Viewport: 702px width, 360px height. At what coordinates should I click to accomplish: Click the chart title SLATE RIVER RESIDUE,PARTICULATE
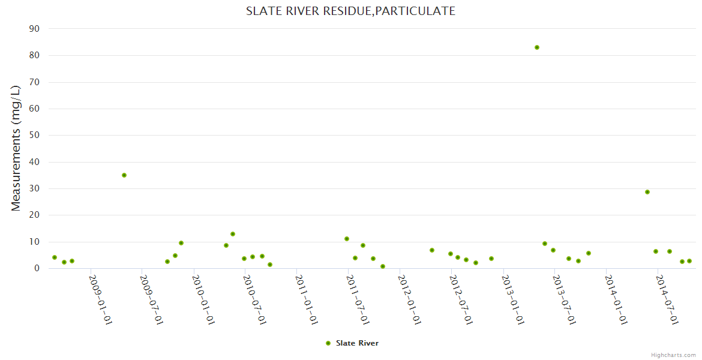(350, 11)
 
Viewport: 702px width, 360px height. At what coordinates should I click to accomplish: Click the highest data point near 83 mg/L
(537, 47)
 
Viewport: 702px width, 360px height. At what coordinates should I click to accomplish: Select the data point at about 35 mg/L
(124, 175)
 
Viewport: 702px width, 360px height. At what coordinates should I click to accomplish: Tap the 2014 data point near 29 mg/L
(647, 192)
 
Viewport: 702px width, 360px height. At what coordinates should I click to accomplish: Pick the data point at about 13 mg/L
(233, 234)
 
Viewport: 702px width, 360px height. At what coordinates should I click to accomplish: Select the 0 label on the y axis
(37, 269)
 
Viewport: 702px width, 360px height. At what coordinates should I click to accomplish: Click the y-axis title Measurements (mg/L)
(16, 148)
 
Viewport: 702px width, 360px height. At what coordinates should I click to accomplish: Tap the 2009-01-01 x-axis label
(101, 299)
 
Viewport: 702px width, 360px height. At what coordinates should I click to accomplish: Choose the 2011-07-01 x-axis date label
(358, 299)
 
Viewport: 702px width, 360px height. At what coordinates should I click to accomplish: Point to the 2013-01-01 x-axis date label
(513, 299)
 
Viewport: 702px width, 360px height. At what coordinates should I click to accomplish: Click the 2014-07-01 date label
(667, 299)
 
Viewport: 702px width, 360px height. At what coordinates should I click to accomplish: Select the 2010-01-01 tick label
(204, 299)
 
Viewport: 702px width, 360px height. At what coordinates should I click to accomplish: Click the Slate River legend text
(357, 343)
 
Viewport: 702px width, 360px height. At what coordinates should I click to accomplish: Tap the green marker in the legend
(328, 343)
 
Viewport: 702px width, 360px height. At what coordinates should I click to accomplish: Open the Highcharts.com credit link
(673, 355)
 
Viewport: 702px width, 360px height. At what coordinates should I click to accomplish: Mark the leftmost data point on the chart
(55, 257)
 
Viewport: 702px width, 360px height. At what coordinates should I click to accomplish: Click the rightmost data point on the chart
(689, 261)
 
